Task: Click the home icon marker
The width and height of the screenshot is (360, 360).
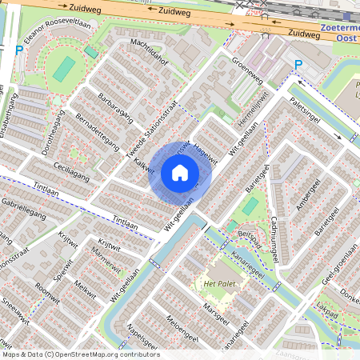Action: (x=180, y=173)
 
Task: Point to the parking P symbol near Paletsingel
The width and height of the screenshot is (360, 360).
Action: (x=298, y=65)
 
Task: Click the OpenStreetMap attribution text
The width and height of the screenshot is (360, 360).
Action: (x=81, y=354)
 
